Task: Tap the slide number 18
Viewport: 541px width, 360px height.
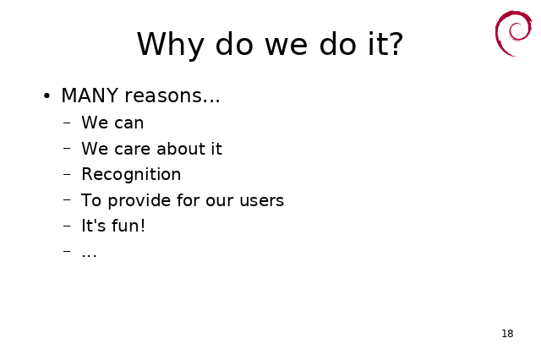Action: point(507,334)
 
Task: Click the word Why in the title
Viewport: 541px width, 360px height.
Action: point(170,45)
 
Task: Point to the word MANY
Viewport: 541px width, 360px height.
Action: point(90,95)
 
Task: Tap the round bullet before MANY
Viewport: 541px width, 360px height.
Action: point(47,95)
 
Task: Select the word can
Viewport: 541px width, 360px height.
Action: point(128,123)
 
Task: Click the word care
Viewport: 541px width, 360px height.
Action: point(133,150)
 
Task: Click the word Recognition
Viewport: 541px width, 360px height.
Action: point(131,174)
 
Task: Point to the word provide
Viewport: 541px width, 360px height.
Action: point(139,200)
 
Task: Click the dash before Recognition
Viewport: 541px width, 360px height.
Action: point(67,174)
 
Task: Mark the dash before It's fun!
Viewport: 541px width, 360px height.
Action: point(67,226)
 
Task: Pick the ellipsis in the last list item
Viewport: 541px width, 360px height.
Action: point(89,256)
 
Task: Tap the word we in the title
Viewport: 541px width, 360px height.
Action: point(286,46)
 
